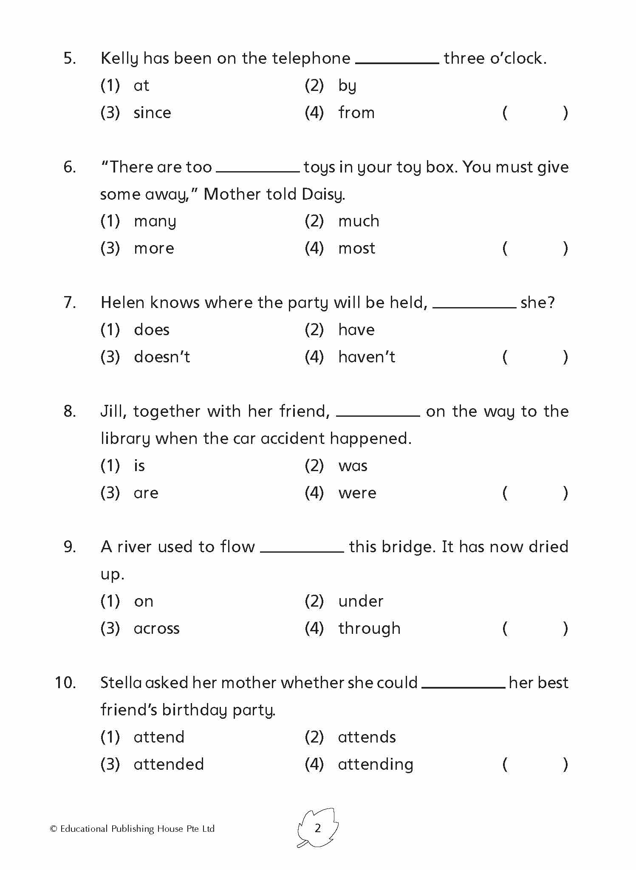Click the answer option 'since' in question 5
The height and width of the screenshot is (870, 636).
click(152, 113)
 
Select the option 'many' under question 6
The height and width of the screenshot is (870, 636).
click(155, 221)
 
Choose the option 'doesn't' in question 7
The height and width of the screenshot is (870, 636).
click(162, 357)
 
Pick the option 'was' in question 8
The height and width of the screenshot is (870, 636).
click(353, 466)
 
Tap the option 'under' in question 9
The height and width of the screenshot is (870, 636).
click(361, 602)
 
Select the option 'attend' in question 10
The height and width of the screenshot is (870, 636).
click(159, 737)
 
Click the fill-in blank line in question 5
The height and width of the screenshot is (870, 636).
click(397, 62)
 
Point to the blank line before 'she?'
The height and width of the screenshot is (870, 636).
click(474, 306)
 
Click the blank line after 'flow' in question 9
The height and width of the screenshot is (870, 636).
click(302, 551)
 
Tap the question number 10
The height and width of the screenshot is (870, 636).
click(65, 683)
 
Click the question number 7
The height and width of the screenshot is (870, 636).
click(70, 302)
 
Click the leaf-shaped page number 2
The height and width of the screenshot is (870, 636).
click(318, 828)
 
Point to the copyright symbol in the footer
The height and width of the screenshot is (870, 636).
click(54, 829)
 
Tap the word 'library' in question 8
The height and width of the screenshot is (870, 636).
click(125, 439)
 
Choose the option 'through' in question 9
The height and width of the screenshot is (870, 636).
click(369, 628)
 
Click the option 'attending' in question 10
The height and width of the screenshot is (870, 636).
click(375, 765)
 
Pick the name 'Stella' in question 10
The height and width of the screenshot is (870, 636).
click(121, 683)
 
